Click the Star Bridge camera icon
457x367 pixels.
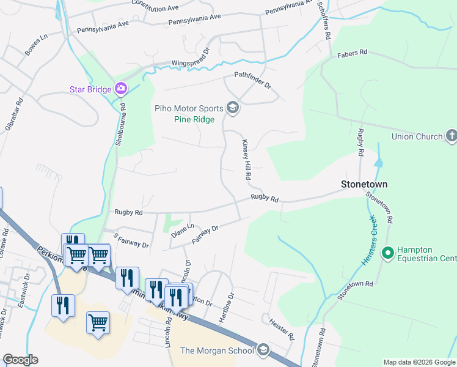121,89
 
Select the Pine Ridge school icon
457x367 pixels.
232,108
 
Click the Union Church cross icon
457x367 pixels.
452,136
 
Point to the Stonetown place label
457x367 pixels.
364,183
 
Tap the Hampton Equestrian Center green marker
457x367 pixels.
387,253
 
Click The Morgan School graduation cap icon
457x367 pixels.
263,350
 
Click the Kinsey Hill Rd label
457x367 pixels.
246,158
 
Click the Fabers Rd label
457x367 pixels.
352,54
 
